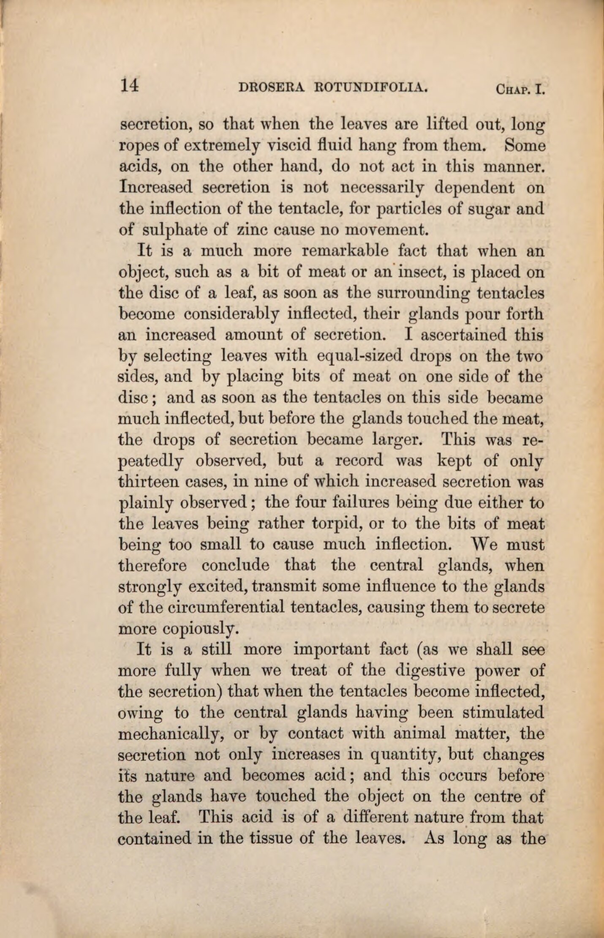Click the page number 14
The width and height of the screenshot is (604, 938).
pyautogui.click(x=130, y=86)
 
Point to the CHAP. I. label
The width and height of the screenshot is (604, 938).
pyautogui.click(x=518, y=90)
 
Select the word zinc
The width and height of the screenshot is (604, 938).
pyautogui.click(x=251, y=230)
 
